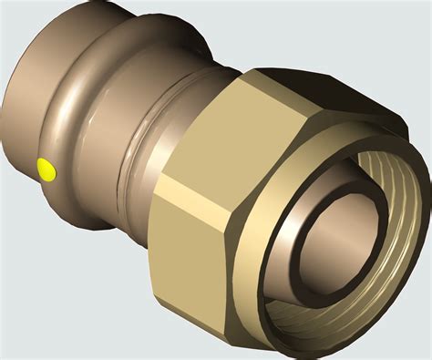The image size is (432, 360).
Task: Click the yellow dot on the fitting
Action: pyautogui.click(x=44, y=169)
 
